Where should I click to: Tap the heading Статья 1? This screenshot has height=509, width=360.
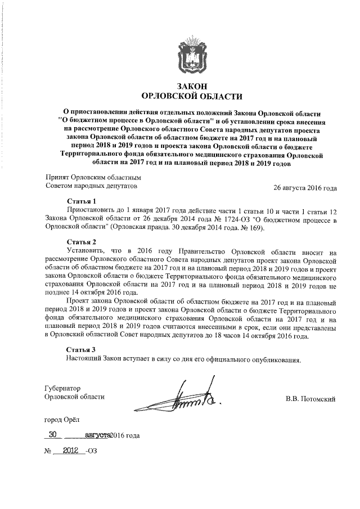click(82, 201)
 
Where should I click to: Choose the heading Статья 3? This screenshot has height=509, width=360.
click(82, 349)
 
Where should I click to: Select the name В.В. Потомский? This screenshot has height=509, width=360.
click(310, 400)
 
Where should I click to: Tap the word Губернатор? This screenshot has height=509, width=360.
click(63, 388)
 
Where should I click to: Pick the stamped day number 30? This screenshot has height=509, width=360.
click(53, 434)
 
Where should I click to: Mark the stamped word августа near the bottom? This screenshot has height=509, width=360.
click(96, 435)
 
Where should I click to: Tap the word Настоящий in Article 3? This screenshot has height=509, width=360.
click(85, 359)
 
